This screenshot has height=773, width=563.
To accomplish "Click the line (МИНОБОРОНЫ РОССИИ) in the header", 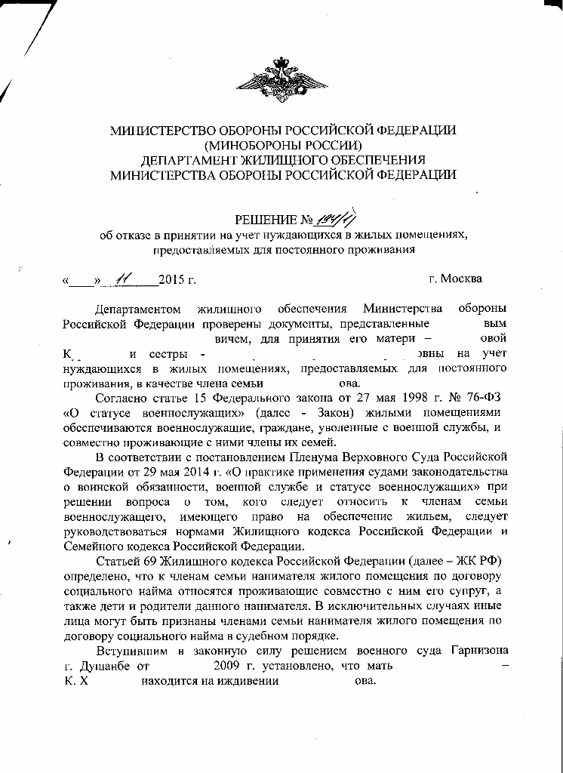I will coord(283,145).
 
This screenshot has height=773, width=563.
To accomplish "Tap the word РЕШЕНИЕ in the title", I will coord(266,220).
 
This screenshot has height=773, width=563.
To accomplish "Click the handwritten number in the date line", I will coord(121,279).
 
